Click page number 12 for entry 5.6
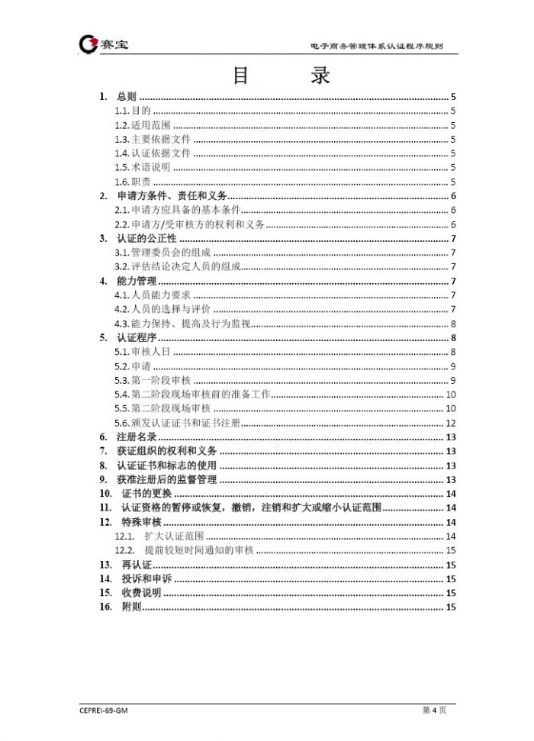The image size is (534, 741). (451, 423)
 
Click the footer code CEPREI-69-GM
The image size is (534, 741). (102, 710)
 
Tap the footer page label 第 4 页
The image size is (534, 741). (434, 710)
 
